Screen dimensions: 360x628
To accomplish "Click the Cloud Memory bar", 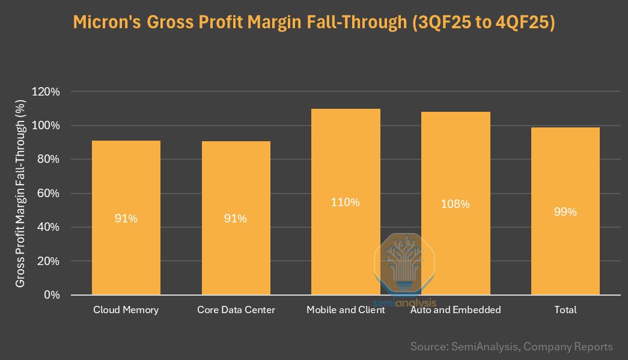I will (126, 180).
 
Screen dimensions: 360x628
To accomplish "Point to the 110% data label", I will (346, 203).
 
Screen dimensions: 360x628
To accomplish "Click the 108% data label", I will (455, 204).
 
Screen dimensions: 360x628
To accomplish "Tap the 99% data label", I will (565, 212).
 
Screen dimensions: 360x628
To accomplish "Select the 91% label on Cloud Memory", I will (126, 219).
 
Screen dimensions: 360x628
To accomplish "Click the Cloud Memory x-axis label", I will (126, 310).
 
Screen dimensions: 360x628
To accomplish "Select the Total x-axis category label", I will (565, 310).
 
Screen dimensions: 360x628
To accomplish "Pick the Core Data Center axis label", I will (236, 310).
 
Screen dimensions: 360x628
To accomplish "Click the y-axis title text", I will (20, 194).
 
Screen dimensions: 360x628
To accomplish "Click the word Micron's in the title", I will (107, 23).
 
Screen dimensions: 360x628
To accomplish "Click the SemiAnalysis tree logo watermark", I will (404, 261).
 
